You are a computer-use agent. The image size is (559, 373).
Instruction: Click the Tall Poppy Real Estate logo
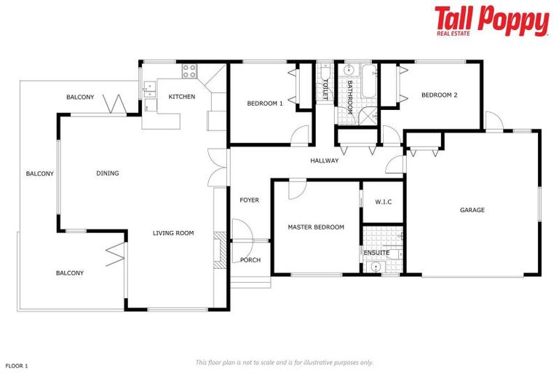tap(491, 21)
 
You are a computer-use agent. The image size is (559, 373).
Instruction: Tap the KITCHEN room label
tap(181, 97)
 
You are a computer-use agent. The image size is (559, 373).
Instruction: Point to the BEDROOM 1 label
tap(264, 103)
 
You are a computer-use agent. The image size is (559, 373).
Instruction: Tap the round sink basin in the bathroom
tap(348, 71)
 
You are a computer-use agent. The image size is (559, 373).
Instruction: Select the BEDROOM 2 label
tap(439, 95)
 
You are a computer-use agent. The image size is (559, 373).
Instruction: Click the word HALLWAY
tap(324, 160)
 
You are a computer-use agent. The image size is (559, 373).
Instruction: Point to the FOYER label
tap(249, 200)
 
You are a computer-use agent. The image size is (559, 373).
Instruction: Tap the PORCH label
tap(250, 260)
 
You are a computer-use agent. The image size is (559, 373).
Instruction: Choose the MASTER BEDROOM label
tap(316, 227)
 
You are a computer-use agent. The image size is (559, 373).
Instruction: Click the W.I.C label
tap(384, 202)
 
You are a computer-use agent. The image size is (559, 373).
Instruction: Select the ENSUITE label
tap(376, 253)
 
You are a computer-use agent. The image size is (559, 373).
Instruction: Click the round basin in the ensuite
tap(376, 267)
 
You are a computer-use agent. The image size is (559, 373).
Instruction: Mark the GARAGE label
tap(472, 210)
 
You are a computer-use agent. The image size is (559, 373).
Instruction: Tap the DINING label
tap(107, 173)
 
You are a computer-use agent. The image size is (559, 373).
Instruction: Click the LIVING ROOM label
tap(173, 233)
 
